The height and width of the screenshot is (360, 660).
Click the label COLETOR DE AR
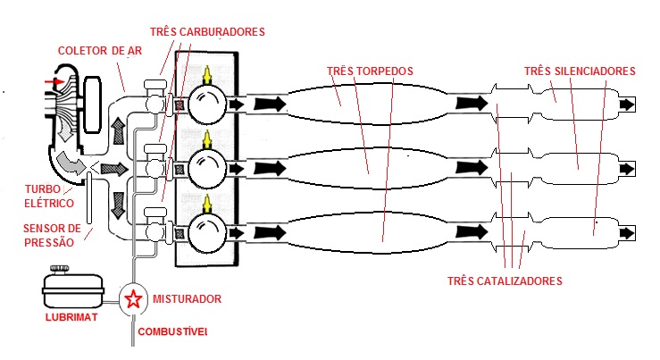click(x=99, y=50)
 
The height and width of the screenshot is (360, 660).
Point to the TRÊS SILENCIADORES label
click(x=580, y=71)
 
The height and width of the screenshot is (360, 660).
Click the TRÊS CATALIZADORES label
click(x=504, y=280)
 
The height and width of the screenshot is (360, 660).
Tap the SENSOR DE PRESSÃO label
click(x=51, y=234)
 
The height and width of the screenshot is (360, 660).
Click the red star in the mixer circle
click(x=133, y=299)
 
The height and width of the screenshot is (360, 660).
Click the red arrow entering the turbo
click(x=56, y=82)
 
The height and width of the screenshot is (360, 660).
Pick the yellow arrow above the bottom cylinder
click(x=207, y=203)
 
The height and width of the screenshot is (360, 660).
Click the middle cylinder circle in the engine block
click(x=207, y=166)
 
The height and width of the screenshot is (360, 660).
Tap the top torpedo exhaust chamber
click(x=366, y=103)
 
